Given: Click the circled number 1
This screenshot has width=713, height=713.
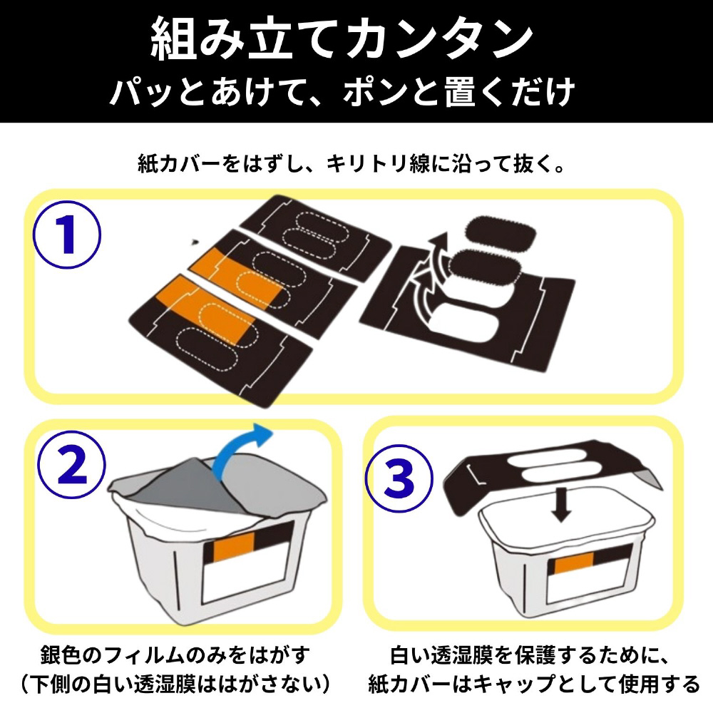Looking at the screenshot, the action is tap(67, 235).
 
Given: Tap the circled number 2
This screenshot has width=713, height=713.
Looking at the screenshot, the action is tap(71, 465).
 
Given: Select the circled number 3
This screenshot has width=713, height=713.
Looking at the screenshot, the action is tap(399, 478).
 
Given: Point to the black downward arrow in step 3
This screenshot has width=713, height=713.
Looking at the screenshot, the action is tap(562, 504).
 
